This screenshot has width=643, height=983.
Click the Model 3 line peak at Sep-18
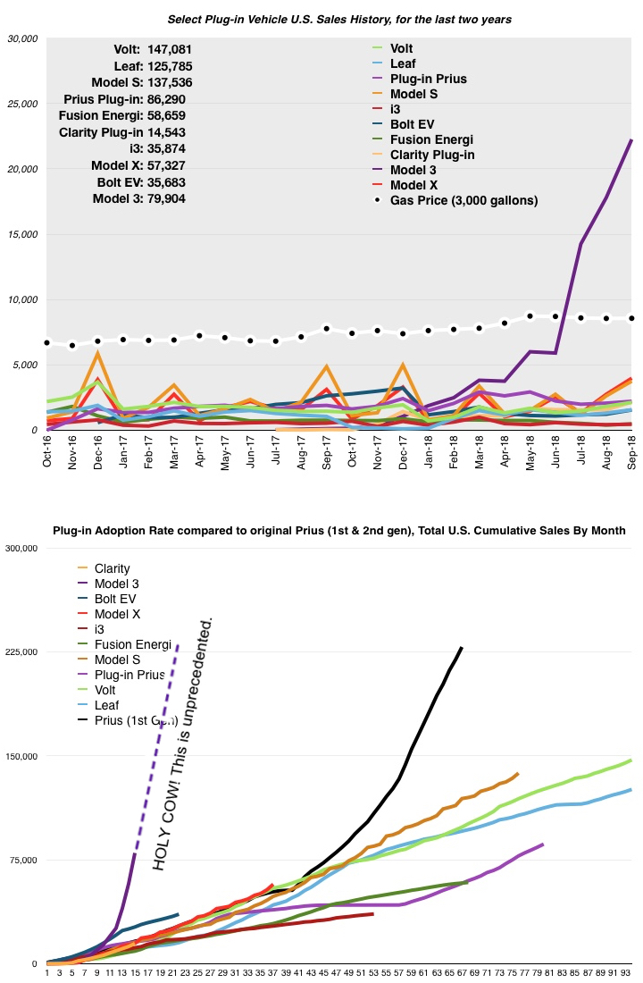click(632, 140)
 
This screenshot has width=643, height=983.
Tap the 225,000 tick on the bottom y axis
click(20, 652)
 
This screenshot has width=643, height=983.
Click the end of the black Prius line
click(462, 648)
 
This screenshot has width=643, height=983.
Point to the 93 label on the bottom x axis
click(627, 973)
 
